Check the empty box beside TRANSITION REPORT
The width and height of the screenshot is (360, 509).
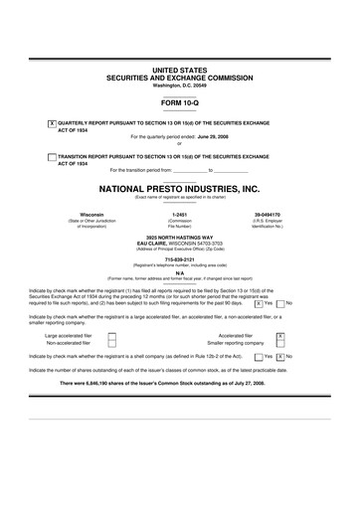pyautogui.click(x=52, y=156)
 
